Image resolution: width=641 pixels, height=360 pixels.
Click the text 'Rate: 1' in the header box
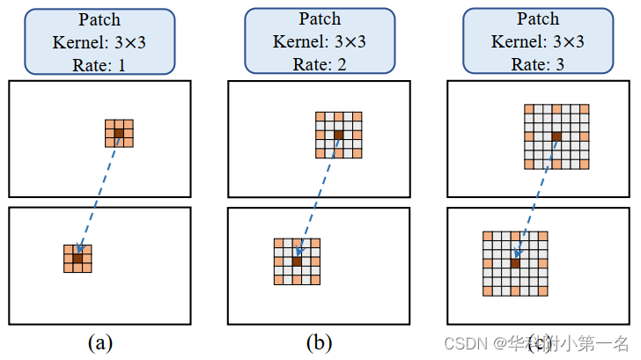tap(99, 64)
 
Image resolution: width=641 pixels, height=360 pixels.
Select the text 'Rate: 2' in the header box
tap(318, 64)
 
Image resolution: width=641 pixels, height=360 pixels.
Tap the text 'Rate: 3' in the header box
tap(538, 64)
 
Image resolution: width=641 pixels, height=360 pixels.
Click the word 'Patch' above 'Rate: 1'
tap(99, 18)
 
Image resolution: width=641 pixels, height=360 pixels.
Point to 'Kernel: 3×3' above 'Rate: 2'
tap(318, 41)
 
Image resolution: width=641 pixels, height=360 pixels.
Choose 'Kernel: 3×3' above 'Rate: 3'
tap(538, 41)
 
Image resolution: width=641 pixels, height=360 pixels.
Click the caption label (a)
tap(99, 342)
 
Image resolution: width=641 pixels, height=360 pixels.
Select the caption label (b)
tap(319, 342)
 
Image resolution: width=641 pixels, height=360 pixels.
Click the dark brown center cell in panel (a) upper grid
tap(119, 133)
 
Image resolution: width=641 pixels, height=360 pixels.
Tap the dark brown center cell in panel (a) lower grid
tap(77, 259)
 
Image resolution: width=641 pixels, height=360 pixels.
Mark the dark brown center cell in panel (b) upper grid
tap(338, 135)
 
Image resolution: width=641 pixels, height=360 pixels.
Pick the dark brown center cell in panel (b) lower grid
tap(297, 261)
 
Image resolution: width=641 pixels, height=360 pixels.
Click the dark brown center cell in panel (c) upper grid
tap(556, 136)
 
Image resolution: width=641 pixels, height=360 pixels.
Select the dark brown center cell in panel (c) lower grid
tap(515, 263)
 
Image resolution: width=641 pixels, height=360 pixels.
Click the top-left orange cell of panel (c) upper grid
tap(529, 109)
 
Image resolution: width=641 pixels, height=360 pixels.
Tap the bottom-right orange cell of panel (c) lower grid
tap(543, 290)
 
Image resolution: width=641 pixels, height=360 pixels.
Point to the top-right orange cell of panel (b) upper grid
tap(357, 116)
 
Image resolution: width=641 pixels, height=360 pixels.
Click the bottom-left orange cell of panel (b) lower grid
tap(278, 280)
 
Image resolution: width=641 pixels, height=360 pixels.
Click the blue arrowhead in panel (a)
tap(80, 249)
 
